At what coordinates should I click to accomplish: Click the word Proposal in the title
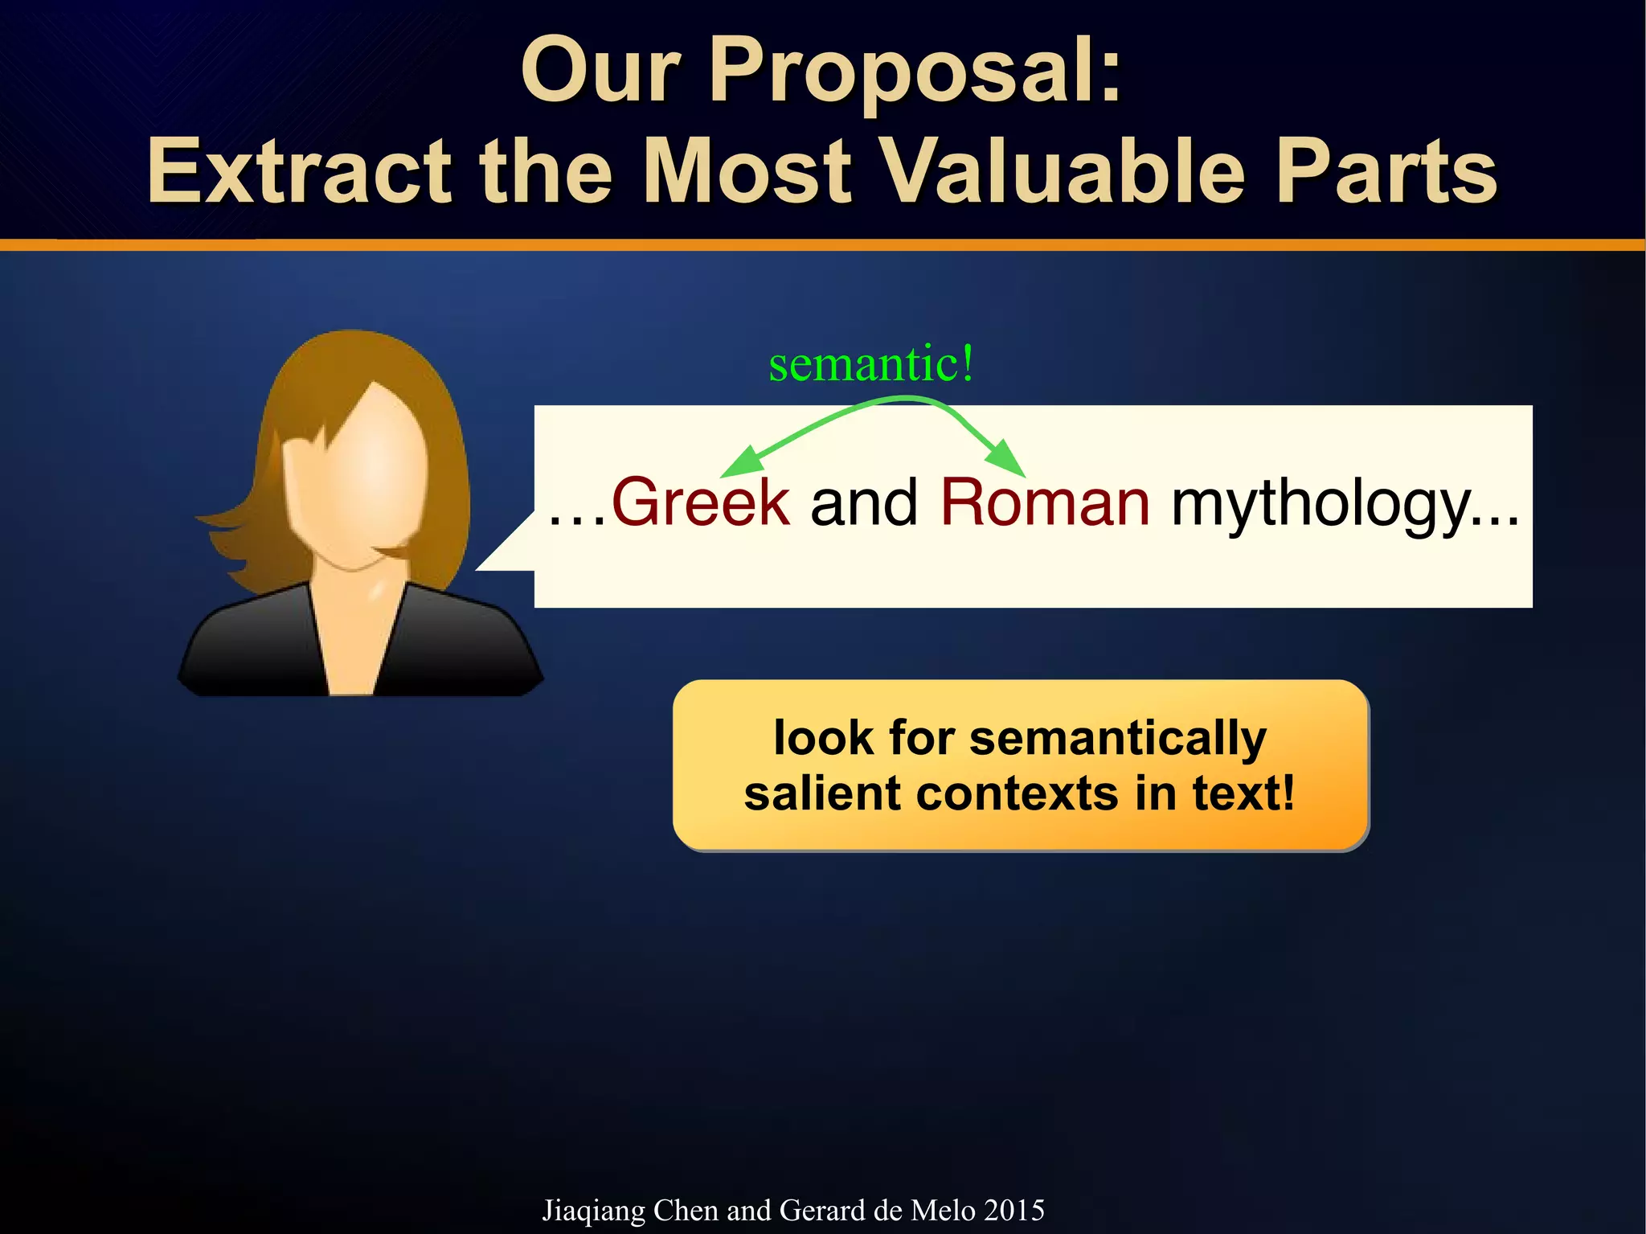click(915, 72)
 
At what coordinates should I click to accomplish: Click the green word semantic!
click(871, 363)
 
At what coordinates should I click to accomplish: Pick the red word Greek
click(701, 502)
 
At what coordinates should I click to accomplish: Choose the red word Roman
click(1045, 502)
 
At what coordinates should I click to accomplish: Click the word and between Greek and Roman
click(864, 502)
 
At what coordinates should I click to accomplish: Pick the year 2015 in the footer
click(1014, 1210)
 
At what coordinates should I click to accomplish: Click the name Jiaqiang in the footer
click(594, 1211)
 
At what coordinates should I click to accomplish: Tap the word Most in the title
click(747, 171)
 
